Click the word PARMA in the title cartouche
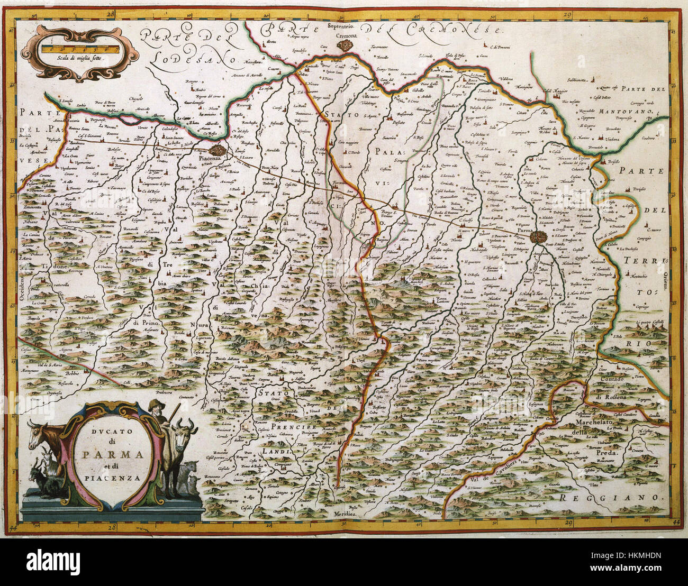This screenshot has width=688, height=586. (x=110, y=454)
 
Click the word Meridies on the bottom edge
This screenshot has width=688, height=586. (x=347, y=514)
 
